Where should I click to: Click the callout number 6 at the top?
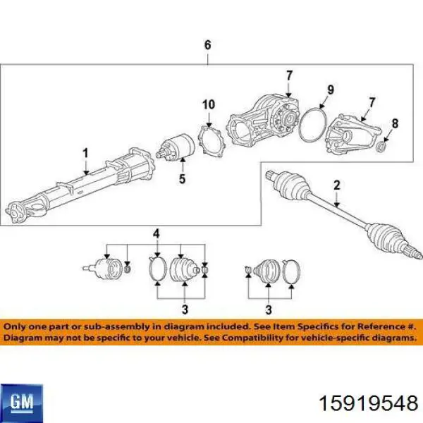coord(207,45)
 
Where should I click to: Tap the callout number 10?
coord(209,104)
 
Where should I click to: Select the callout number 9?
coord(331,90)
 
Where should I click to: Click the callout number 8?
coord(395,123)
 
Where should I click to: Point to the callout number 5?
coord(183,178)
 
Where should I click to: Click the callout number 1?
coord(85,153)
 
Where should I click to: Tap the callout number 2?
coord(337,185)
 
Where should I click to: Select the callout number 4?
coord(157,233)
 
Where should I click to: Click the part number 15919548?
coord(369,404)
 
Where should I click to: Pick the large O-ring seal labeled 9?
coord(313,124)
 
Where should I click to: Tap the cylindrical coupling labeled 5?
coord(176,147)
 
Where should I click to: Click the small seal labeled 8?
coord(381,146)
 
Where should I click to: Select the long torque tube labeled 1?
coord(80,186)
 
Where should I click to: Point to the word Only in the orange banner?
coord(13,326)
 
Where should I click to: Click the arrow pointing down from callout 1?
coord(86,167)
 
